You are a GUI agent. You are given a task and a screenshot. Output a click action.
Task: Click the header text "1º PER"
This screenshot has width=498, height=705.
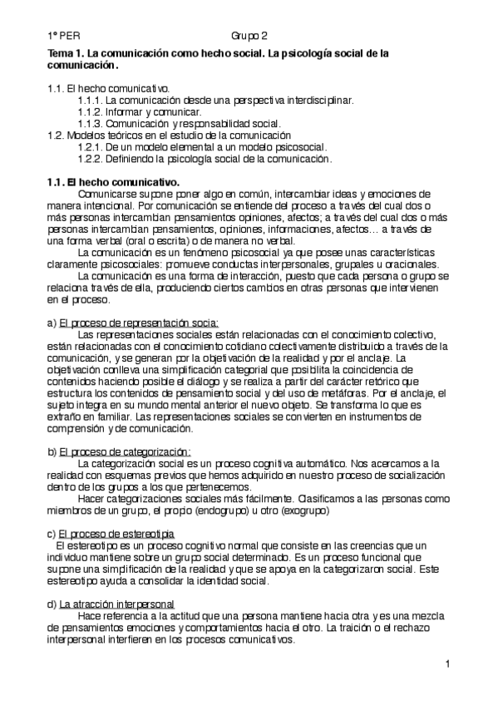(62, 36)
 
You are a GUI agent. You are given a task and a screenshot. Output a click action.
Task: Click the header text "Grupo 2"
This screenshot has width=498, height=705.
(249, 36)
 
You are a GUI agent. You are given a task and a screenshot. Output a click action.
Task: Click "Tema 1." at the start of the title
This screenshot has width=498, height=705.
(67, 52)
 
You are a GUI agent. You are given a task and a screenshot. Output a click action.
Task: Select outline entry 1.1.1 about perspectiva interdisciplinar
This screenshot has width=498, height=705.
(215, 99)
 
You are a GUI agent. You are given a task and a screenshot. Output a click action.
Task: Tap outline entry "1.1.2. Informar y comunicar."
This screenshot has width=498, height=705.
(139, 111)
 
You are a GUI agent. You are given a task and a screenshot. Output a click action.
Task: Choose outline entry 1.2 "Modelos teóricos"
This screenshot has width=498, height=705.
(169, 135)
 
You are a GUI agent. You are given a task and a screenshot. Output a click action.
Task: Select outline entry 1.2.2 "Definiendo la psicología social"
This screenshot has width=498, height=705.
(204, 158)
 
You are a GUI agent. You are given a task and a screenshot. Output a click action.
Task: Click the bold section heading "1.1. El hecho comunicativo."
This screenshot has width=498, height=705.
(113, 181)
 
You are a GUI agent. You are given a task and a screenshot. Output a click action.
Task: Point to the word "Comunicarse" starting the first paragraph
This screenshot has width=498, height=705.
(106, 193)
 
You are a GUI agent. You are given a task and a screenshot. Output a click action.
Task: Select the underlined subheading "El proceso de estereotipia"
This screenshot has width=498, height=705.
(121, 533)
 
